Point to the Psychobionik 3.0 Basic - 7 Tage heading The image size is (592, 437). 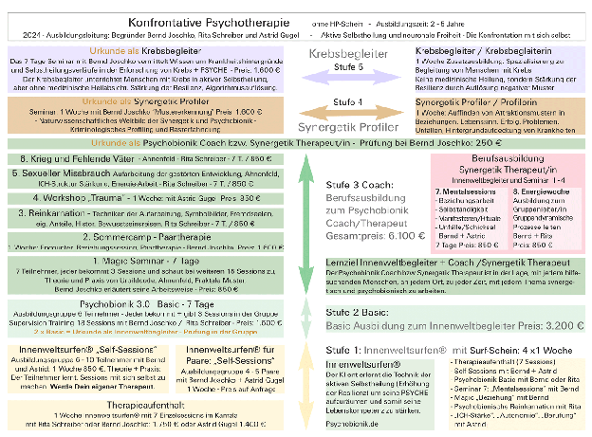pos(83,306)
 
